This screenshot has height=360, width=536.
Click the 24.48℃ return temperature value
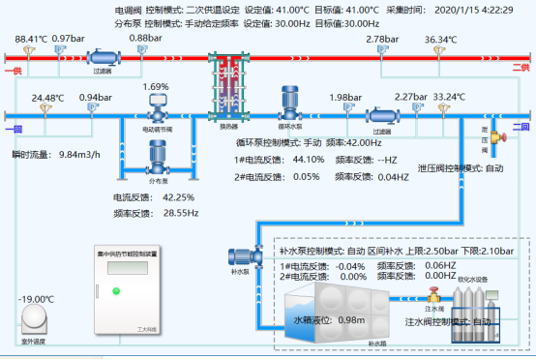[x=47, y=98]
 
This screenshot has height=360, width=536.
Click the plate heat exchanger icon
[x=228, y=88]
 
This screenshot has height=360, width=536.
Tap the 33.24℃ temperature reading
[x=449, y=97]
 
